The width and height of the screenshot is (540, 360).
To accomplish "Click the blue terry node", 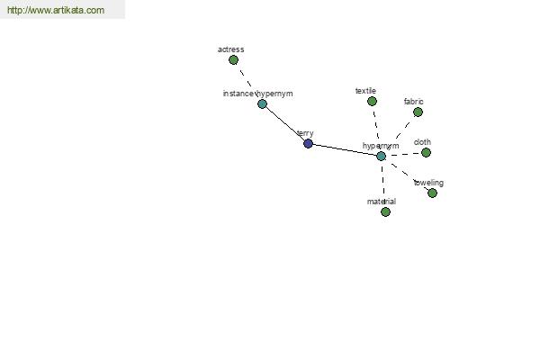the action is [x=308, y=143].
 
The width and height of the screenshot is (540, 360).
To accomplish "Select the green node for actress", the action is [x=233, y=60].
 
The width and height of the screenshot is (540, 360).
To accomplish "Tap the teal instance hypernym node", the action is [x=263, y=103].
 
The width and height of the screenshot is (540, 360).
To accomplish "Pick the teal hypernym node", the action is [x=381, y=156].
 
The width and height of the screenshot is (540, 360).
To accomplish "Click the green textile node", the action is [x=372, y=102].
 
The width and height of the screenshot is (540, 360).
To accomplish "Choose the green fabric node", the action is [x=418, y=112].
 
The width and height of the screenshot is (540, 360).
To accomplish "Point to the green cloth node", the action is [x=426, y=152].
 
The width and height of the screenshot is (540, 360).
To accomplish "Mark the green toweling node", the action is [x=432, y=193].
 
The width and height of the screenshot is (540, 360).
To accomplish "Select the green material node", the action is [x=386, y=211].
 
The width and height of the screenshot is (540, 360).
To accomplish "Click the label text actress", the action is [x=231, y=49].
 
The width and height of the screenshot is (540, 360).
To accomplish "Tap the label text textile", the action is [x=365, y=91].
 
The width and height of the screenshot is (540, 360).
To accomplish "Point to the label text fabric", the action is [x=414, y=102].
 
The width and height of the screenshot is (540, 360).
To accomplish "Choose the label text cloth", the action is [x=422, y=142].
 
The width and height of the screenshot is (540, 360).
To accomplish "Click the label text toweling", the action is [x=428, y=183].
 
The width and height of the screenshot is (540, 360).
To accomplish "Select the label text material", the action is [x=382, y=202].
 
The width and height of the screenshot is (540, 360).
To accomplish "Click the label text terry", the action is [x=305, y=133].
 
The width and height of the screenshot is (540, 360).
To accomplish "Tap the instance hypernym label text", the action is [x=258, y=94].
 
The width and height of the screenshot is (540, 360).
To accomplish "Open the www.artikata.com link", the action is [x=56, y=10].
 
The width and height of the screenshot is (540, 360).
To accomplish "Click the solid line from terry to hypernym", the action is [x=345, y=150].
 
